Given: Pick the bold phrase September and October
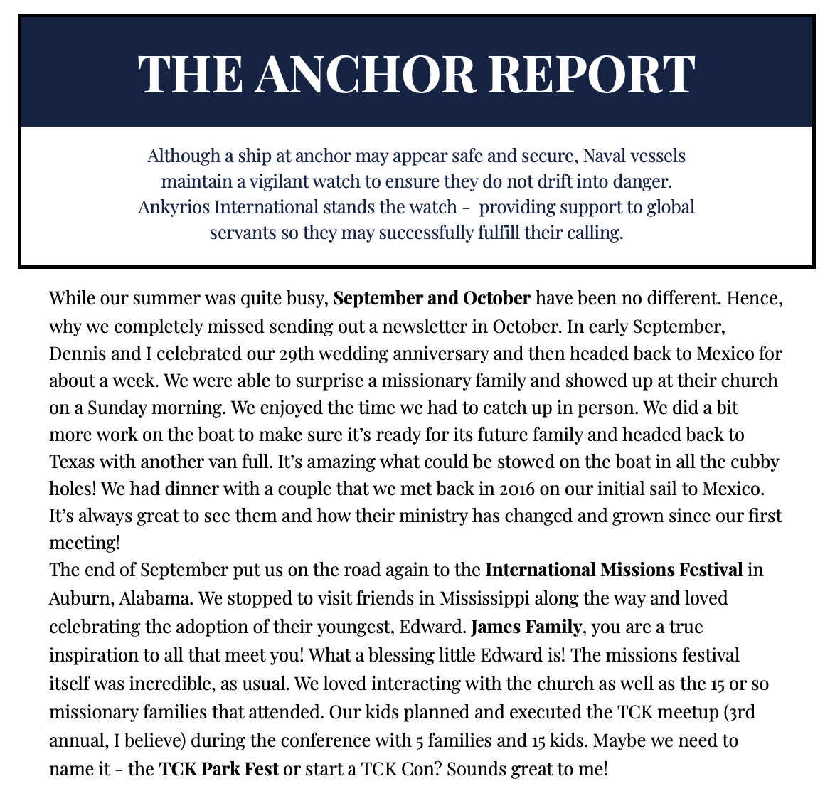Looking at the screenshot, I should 432,298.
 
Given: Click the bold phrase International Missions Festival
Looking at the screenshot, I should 614,570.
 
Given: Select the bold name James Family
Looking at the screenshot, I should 526,627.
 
